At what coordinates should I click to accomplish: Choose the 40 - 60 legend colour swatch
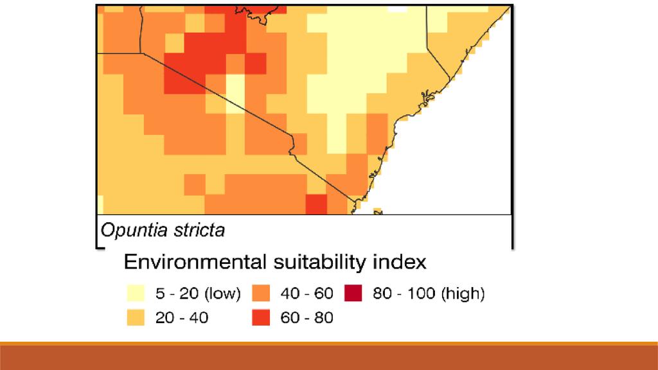260,294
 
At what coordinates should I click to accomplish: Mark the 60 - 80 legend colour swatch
260,317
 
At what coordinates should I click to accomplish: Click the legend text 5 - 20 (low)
199,294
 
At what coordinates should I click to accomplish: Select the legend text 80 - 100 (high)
428,294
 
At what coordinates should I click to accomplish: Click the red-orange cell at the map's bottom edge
316,204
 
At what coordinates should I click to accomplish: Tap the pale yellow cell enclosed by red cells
236,90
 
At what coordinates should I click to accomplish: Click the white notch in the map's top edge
398,8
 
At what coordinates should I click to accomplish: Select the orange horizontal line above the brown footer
329,344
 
